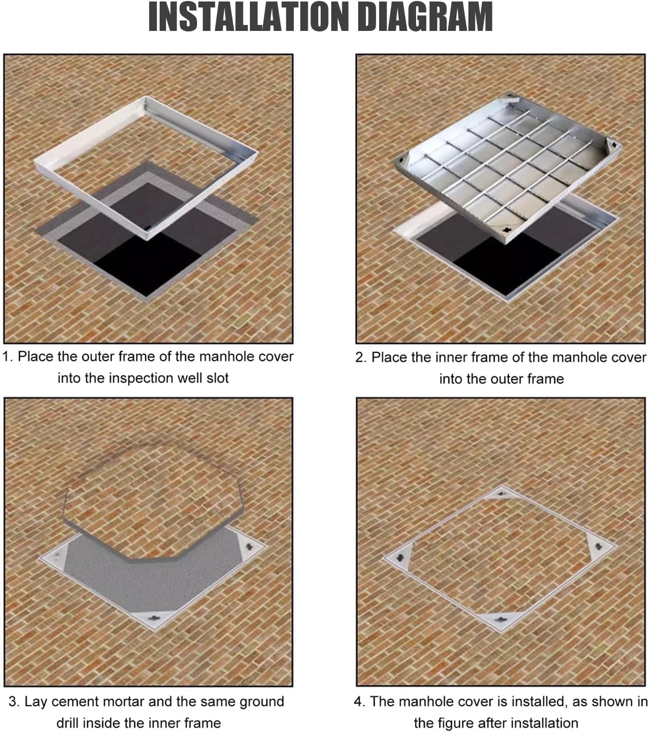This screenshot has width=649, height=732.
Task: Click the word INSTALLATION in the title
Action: [x=248, y=17]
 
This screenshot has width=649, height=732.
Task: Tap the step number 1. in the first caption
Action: [x=8, y=357]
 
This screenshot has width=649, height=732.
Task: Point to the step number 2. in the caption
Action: [x=361, y=357]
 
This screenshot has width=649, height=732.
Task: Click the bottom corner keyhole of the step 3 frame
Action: [x=155, y=619]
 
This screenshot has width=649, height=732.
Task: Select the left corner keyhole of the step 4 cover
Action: [x=400, y=557]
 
